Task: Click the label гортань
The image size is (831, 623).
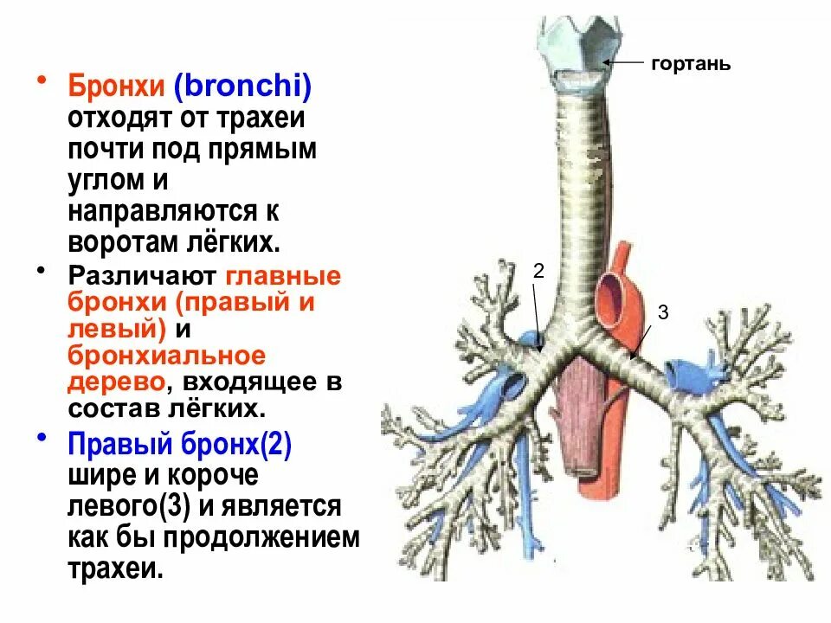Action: pos(691,64)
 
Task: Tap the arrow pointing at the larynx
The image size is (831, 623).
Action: pos(623,62)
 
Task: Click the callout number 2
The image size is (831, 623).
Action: pos(538,271)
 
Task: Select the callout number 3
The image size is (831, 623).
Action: pos(663,312)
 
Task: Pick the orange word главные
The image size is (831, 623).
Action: pos(284,277)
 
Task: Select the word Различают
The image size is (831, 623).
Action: pos(143,277)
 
